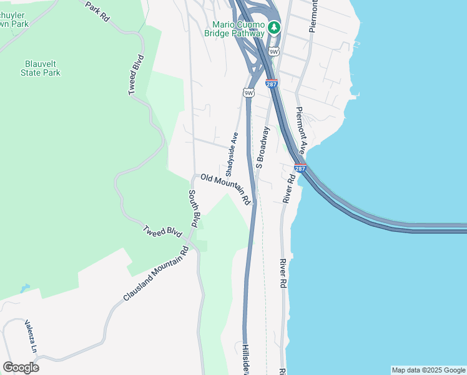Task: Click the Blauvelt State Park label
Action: (42, 68)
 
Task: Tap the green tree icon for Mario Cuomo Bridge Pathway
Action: (274, 28)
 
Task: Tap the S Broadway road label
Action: (262, 147)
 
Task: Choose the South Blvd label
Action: (194, 209)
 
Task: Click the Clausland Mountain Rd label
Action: (156, 272)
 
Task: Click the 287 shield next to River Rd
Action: (300, 169)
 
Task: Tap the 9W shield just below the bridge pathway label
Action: (273, 51)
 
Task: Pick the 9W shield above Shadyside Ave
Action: (248, 93)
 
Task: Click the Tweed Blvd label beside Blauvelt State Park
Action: (135, 75)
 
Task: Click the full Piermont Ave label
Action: (300, 130)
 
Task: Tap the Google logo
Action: (21, 367)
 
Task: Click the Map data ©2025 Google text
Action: (428, 370)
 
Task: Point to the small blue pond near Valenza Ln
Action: (24, 289)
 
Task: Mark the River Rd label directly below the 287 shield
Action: (288, 187)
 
